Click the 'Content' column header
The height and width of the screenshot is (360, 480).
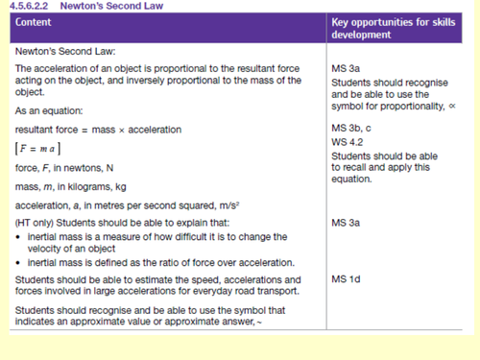pyautogui.click(x=35, y=21)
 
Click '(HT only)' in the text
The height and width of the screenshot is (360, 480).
pyautogui.click(x=35, y=223)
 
